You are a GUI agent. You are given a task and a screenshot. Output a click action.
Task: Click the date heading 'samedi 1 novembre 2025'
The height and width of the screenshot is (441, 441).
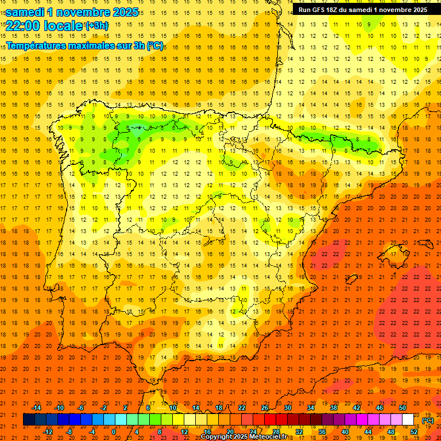click(72, 12)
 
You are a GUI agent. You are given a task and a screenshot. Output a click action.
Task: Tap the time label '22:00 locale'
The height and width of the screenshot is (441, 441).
click(44, 25)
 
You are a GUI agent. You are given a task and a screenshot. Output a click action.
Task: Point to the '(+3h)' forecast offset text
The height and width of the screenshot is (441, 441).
click(96, 26)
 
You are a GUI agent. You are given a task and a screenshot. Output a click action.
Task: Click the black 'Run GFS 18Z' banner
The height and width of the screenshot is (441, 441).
click(362, 10)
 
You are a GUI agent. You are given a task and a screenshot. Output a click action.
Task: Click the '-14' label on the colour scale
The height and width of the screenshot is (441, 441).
click(36, 408)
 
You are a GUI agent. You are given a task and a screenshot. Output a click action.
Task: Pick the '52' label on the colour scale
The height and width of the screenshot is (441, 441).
click(414, 431)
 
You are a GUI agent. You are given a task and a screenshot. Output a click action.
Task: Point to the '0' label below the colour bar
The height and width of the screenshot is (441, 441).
click(114, 431)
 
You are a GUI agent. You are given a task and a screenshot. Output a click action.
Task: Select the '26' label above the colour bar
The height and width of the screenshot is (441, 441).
click(265, 408)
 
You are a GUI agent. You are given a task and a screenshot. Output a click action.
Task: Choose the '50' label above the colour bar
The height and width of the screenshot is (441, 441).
click(403, 408)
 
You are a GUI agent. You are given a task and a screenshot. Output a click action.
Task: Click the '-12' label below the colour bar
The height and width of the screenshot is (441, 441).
click(48, 431)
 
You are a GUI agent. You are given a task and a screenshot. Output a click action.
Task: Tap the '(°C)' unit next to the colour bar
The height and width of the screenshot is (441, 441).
click(428, 420)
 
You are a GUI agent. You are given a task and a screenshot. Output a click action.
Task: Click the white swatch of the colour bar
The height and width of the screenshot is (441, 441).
click(408, 420)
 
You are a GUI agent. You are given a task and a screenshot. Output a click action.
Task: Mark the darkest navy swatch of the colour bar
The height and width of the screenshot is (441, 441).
click(29, 420)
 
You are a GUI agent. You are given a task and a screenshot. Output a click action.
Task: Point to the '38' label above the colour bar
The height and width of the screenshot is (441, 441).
click(334, 408)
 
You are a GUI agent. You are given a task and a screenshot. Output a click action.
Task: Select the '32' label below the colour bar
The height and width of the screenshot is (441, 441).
click(299, 431)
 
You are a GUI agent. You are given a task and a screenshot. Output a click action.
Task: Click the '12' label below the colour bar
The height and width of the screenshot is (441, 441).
click(184, 431)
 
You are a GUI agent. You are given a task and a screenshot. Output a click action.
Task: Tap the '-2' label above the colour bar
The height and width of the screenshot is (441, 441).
click(104, 408)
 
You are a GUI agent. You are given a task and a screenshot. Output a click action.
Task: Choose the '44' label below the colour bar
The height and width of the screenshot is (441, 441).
click(368, 431)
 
